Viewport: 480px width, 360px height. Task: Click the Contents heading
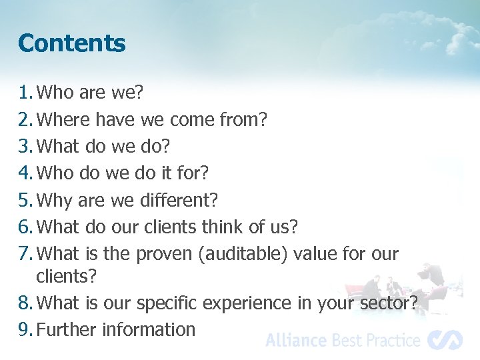[x=72, y=43]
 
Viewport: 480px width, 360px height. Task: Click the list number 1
[x=25, y=93]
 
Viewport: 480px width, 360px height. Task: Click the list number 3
[x=25, y=146]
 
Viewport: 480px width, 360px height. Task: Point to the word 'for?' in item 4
[x=193, y=173]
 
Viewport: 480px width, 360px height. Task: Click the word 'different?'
[x=179, y=199]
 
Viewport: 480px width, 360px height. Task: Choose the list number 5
[x=25, y=199]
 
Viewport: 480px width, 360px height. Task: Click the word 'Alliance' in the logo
[x=296, y=341]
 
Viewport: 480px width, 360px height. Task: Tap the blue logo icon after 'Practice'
[x=445, y=340]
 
